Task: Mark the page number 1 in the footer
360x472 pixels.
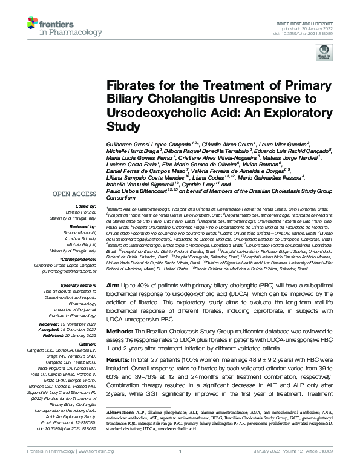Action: pyautogui.click(x=180, y=465)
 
